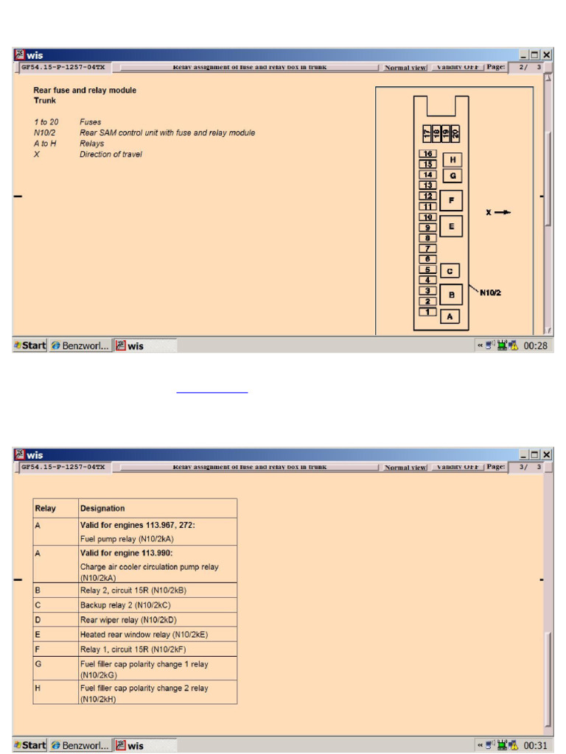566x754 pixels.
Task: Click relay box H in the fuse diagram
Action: (452, 160)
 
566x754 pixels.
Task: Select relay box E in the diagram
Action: (451, 226)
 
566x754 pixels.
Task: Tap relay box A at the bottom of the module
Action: (450, 317)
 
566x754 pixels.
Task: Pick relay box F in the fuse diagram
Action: (451, 200)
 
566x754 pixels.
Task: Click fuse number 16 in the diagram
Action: (427, 154)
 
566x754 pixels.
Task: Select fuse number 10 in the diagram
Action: (427, 217)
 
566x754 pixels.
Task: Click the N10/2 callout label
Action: (491, 293)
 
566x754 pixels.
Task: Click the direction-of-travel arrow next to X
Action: (503, 212)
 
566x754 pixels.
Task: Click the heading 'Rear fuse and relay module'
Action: (85, 91)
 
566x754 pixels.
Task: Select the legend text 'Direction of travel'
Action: (111, 155)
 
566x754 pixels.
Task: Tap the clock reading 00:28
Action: (535, 345)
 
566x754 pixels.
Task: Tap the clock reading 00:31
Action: (535, 745)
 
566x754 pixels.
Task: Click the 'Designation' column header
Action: (102, 508)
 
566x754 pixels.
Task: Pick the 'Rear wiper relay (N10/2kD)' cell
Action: (128, 619)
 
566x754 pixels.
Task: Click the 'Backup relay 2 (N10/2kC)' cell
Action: (125, 605)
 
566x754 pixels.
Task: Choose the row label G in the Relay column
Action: (38, 663)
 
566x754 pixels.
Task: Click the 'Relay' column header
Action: (46, 508)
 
